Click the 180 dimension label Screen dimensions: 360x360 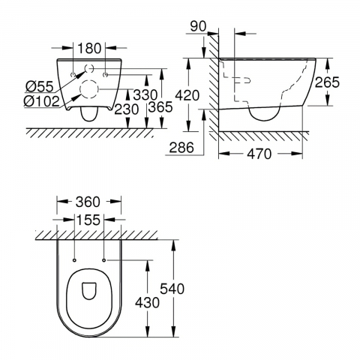pyautogui.click(x=89, y=48)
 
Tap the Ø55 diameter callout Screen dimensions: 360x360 pyautogui.click(x=40, y=87)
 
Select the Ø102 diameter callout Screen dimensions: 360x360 pyautogui.click(x=42, y=101)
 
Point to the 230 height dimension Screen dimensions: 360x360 pyautogui.click(x=127, y=109)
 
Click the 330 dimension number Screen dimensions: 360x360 pyautogui.click(x=145, y=94)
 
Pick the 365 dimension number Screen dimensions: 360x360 pyautogui.click(x=160, y=107)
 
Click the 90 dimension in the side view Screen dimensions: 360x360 pyautogui.click(x=198, y=26)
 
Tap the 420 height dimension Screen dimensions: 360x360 pyautogui.click(x=187, y=95)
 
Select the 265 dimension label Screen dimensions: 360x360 pyautogui.click(x=327, y=82)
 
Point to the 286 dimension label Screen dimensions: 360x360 pyautogui.click(x=181, y=147)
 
